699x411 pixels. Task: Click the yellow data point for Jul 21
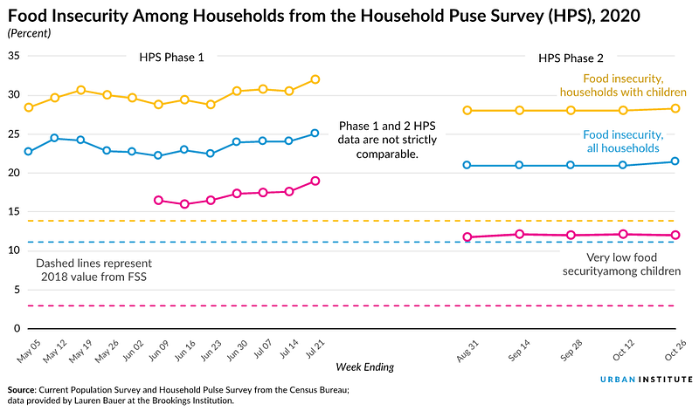point(315,79)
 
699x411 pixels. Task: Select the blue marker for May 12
point(54,138)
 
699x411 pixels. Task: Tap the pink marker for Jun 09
point(158,201)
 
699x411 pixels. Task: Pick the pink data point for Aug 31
point(467,236)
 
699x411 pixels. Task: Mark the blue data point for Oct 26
point(675,161)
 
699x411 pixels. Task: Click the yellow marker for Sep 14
point(519,111)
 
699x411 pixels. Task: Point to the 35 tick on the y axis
point(14,56)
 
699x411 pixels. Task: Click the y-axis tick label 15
point(14,211)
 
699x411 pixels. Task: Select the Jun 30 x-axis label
point(237,350)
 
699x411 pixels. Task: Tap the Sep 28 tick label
point(571,350)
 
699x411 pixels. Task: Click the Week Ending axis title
point(365,366)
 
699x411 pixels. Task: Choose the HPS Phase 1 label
point(171,58)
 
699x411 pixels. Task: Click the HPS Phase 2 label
point(571,58)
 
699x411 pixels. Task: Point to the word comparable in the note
point(387,154)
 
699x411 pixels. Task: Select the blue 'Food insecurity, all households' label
point(623,141)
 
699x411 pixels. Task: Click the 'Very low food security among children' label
point(621,264)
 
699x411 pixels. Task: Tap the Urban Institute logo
point(647,380)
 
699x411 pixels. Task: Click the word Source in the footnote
point(21,390)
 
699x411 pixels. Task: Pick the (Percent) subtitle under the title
point(30,33)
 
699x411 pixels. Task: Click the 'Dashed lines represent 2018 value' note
point(93,270)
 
